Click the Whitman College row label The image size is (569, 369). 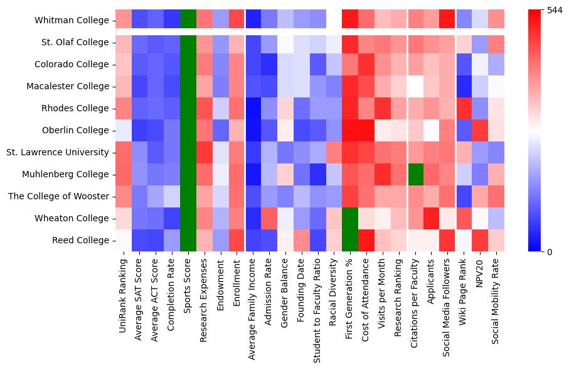click(73, 21)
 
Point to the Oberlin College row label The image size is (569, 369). click(75, 130)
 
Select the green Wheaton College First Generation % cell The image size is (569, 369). click(351, 218)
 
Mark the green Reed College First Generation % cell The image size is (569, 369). click(351, 240)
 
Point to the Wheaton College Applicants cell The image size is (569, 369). click(432, 218)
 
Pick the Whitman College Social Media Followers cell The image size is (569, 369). click(449, 19)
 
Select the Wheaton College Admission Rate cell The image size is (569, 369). click(269, 218)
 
